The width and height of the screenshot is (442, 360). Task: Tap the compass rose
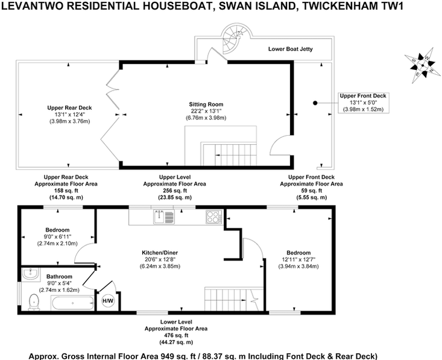coord(423,65)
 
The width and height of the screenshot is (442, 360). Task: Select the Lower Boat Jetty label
coord(290,49)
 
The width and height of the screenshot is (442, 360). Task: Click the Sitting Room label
coord(206,104)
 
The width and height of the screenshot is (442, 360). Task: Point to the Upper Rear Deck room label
coord(69,108)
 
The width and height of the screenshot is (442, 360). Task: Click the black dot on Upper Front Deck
coord(315,103)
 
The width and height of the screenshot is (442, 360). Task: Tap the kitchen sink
coord(164,217)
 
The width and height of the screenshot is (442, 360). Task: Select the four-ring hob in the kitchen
coord(214,217)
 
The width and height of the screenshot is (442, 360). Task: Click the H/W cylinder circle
coord(108,301)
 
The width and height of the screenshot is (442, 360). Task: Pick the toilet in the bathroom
coord(34,302)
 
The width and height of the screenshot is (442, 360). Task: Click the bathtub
coord(72,303)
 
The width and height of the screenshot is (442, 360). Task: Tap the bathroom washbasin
coord(30,274)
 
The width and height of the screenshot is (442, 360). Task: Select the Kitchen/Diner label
coord(160,253)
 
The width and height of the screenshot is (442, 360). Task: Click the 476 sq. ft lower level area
coord(176,335)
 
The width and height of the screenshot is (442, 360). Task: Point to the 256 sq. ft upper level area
coord(175,191)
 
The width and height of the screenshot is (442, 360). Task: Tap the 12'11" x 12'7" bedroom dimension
coord(298,259)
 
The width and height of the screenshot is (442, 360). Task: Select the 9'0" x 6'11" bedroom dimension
coord(57,236)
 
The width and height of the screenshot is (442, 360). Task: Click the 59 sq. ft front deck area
coord(312,191)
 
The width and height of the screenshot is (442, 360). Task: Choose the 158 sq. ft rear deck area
coord(66,191)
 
